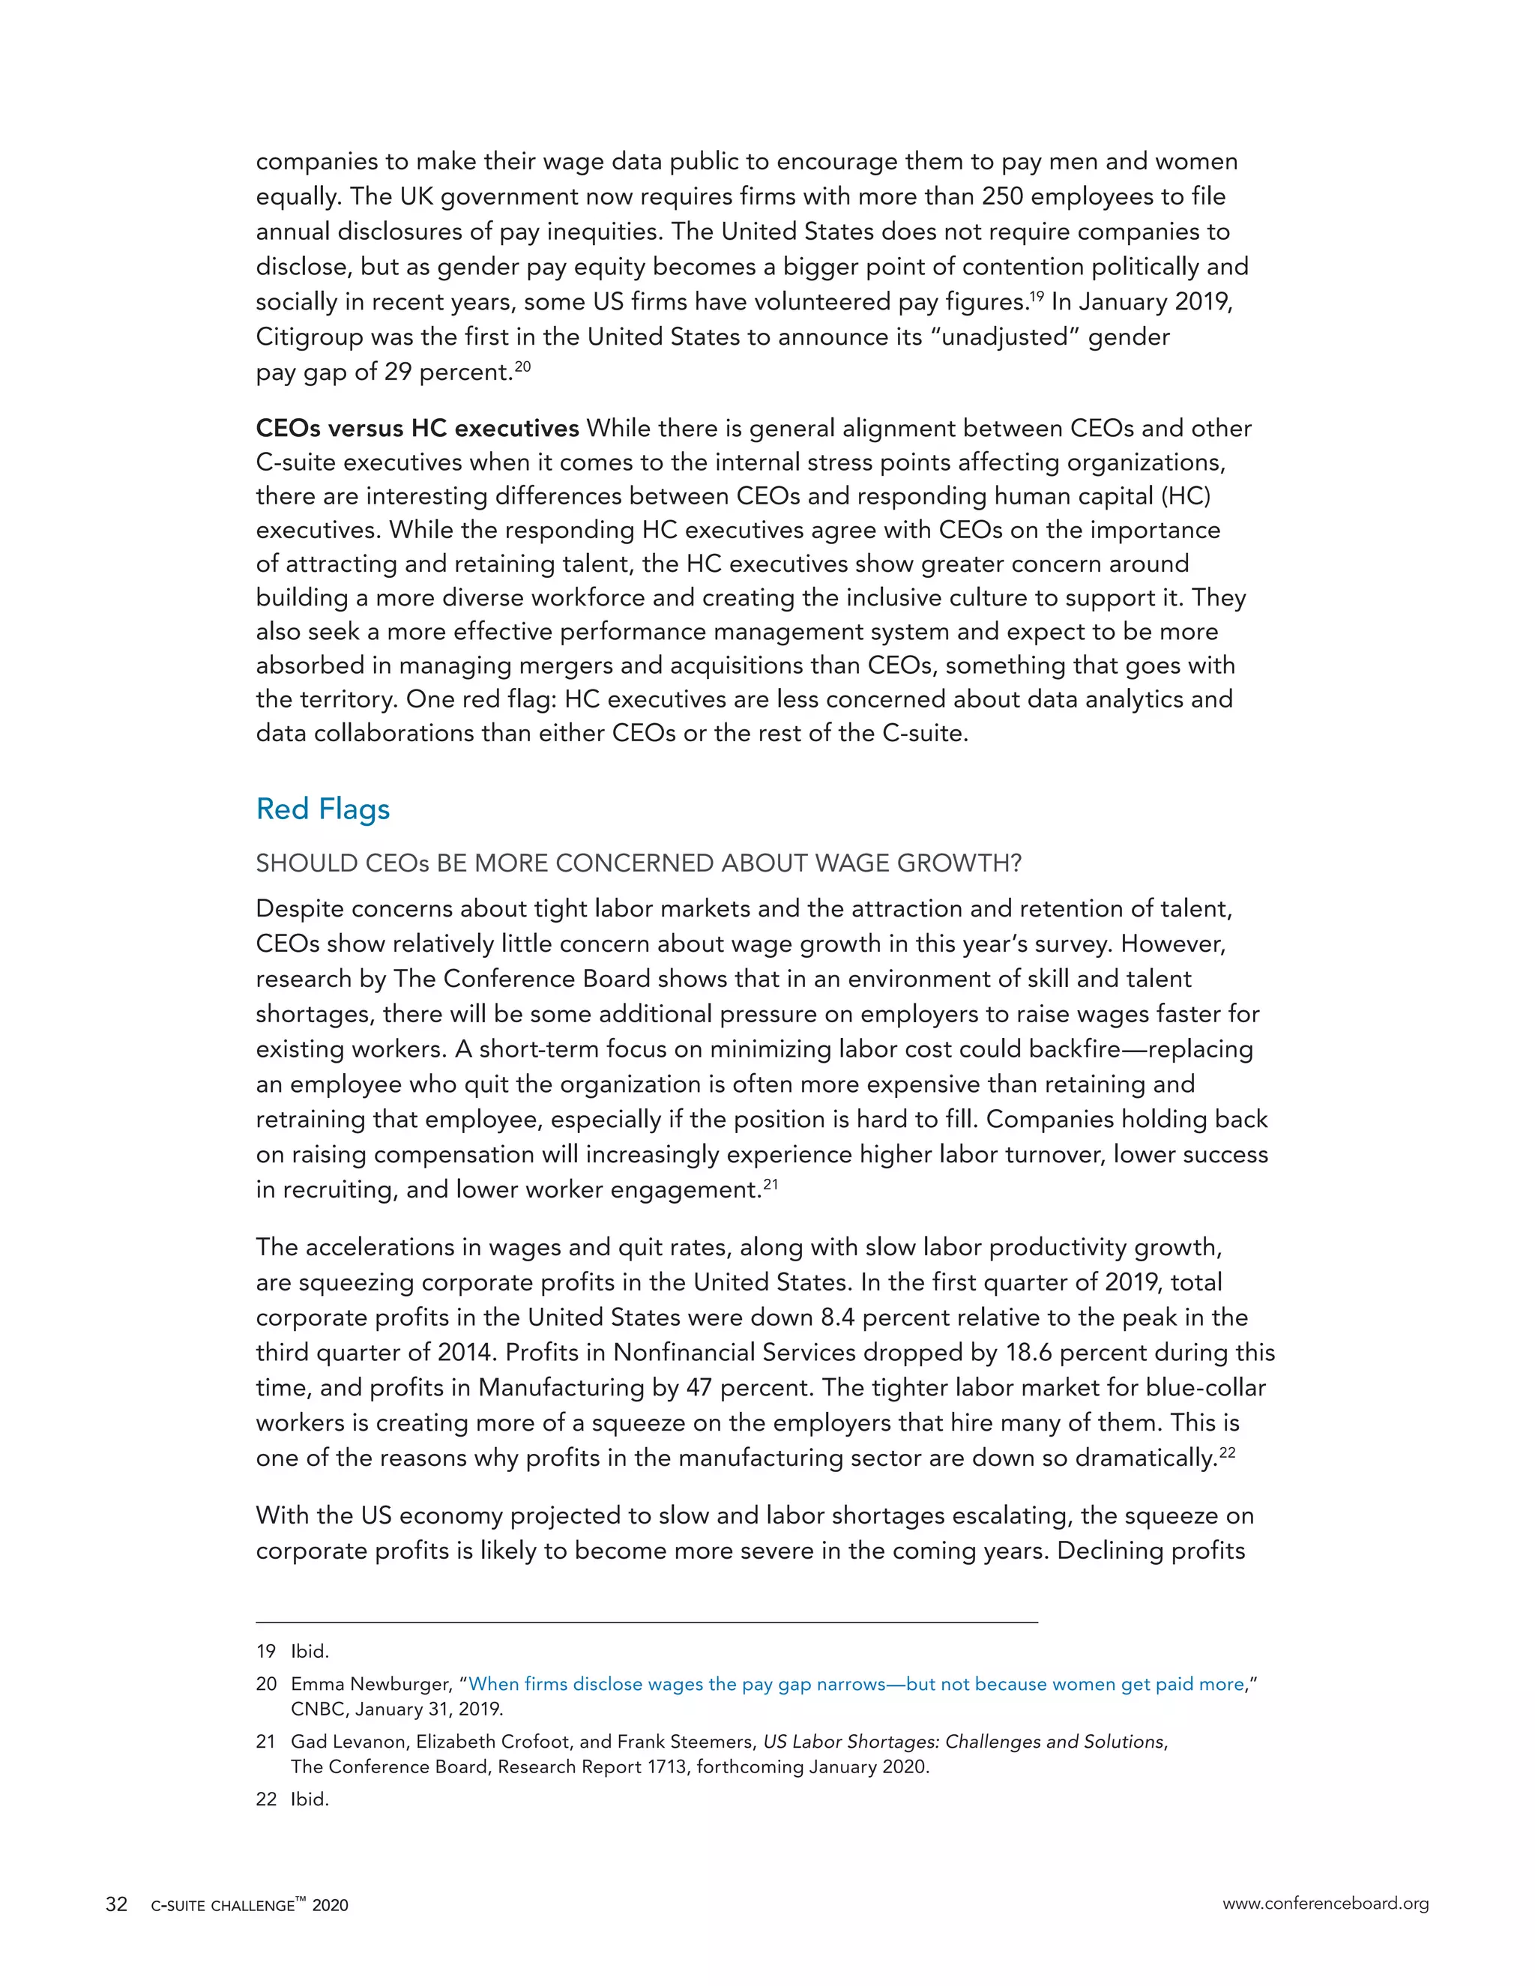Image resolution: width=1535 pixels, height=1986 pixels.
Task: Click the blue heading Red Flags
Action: click(323, 809)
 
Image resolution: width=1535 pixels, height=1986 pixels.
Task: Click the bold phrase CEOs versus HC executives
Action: click(417, 427)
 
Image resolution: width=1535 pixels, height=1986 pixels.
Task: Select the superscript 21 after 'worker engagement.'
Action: click(770, 1184)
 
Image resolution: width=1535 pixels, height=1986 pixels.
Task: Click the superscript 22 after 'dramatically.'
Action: click(1227, 1452)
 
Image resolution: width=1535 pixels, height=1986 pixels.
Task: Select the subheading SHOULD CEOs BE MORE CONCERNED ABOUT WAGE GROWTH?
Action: click(639, 863)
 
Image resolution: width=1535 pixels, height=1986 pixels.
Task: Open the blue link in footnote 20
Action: click(854, 1684)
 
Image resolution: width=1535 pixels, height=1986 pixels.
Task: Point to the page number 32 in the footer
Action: click(116, 1905)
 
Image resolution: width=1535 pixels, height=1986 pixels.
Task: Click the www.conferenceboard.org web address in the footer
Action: click(1325, 1904)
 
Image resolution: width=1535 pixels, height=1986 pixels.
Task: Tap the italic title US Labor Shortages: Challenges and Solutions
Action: click(963, 1742)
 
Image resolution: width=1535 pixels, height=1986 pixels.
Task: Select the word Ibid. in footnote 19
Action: click(310, 1651)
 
